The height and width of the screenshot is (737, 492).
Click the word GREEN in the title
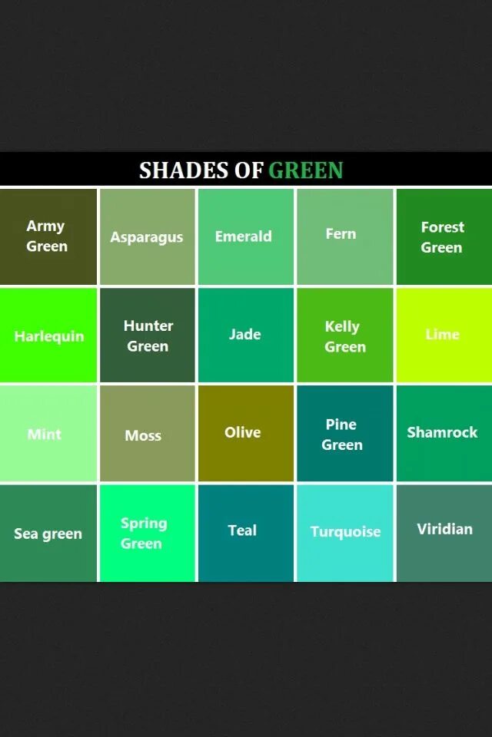tap(305, 170)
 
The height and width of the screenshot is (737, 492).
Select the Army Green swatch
tap(48, 236)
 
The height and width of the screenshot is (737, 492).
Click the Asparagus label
tap(147, 237)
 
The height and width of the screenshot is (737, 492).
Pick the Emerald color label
tap(244, 236)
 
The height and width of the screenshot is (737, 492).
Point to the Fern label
tap(341, 233)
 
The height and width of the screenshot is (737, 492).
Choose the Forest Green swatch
tap(443, 236)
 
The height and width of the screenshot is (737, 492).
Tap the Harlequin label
tap(49, 336)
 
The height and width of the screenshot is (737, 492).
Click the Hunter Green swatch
tap(148, 335)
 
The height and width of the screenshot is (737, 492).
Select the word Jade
tap(244, 334)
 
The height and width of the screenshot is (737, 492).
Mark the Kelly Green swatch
tap(344, 335)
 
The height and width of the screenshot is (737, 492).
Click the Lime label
tap(442, 334)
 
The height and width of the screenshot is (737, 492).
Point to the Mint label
tap(45, 434)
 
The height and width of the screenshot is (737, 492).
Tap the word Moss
tap(143, 435)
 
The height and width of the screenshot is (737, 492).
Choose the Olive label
tap(243, 432)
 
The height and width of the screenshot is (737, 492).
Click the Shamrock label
tap(442, 432)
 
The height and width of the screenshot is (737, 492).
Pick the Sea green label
tap(48, 534)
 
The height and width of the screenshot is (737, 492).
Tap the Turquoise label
tap(345, 531)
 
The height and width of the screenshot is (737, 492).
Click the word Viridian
tap(444, 529)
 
